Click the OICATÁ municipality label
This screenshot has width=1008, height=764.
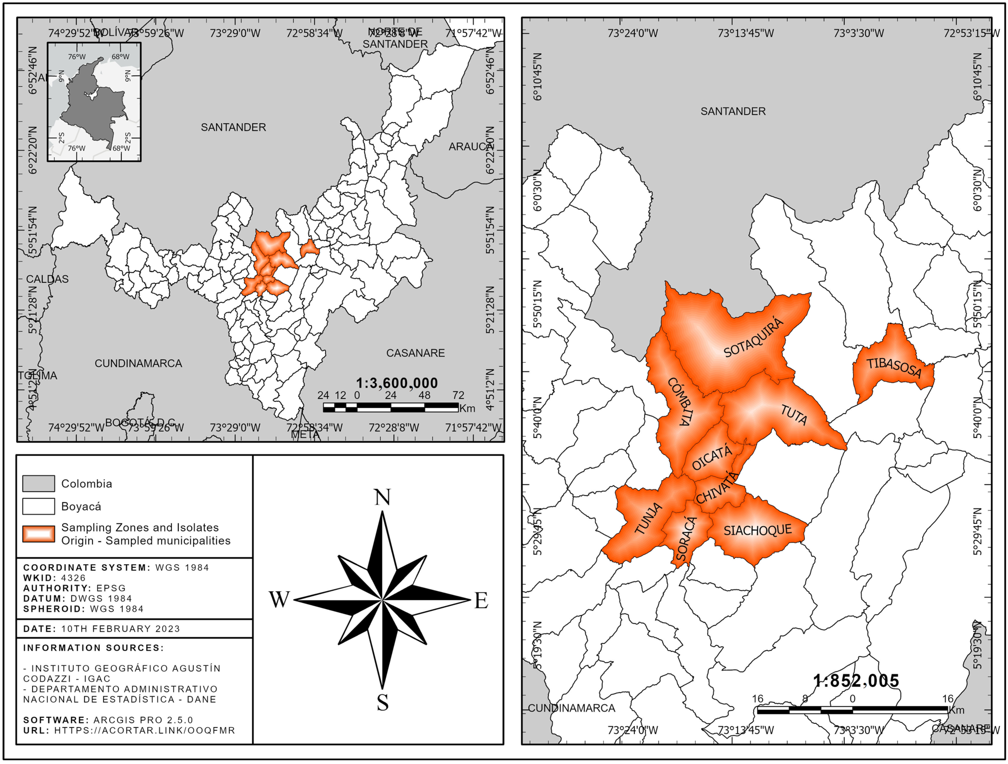pos(712,457)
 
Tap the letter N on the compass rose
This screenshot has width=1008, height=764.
pos(382,497)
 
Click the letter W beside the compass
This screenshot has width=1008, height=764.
pos(279,600)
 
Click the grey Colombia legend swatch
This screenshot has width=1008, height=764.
pos(39,483)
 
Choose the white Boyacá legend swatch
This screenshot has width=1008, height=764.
pos(39,506)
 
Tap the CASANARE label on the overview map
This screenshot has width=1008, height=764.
pos(415,353)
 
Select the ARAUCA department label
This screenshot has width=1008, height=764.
pos(470,147)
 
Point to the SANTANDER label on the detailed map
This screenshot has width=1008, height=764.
pos(733,111)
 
